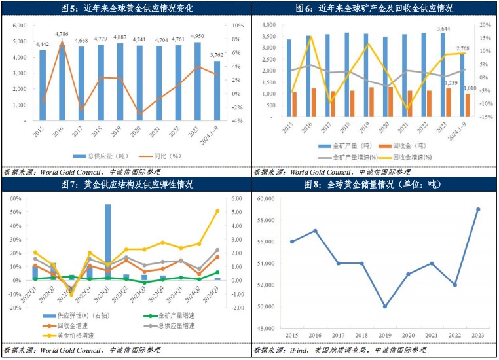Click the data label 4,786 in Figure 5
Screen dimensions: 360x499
tap(62, 33)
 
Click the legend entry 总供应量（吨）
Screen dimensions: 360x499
tap(112, 156)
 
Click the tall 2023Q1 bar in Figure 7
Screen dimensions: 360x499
tap(107, 242)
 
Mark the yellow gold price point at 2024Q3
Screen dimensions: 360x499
tap(217, 211)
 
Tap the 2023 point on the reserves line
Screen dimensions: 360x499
tap(477, 209)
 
